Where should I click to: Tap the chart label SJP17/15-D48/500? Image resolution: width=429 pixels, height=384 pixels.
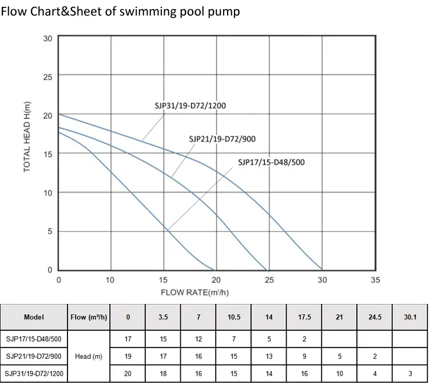[271, 162]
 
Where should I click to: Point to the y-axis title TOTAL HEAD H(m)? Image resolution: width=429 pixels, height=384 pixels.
[27, 137]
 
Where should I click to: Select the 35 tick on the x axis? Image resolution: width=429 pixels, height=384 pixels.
[375, 281]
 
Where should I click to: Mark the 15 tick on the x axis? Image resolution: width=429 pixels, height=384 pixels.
[164, 281]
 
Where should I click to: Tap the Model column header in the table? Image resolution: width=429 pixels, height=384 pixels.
[34, 317]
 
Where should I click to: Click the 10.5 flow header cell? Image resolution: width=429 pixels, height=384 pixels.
[233, 317]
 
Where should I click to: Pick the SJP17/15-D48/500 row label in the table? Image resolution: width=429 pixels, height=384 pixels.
[34, 339]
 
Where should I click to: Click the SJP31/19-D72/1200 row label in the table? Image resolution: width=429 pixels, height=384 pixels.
[34, 374]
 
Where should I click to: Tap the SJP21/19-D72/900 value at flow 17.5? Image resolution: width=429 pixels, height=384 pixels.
[304, 357]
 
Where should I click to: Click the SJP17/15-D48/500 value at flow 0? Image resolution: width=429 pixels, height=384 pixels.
[128, 339]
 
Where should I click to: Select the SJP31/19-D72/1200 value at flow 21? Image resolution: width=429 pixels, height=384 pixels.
[339, 374]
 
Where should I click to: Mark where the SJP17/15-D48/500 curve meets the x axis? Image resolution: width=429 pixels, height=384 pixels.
[214, 270]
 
